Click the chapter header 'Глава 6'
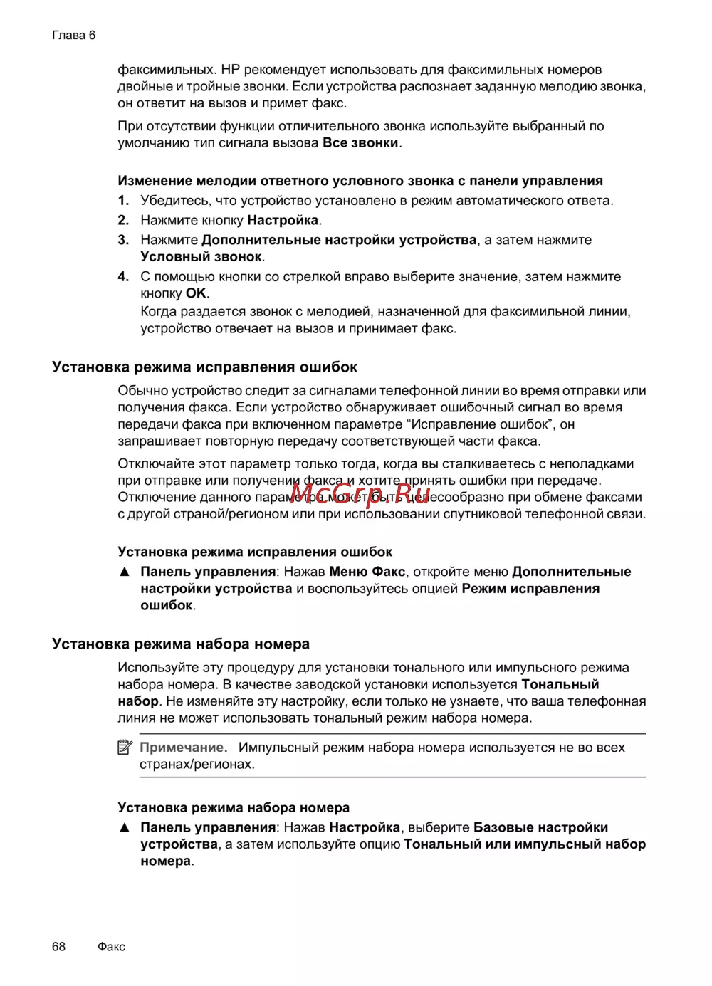point(73,36)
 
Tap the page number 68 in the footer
point(58,946)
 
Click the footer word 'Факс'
point(111,946)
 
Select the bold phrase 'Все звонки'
point(360,143)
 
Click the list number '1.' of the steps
point(123,201)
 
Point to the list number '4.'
point(123,277)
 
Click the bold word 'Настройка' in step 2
point(283,221)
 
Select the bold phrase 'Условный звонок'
point(201,257)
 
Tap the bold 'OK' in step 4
point(196,293)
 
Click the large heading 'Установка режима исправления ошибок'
point(204,367)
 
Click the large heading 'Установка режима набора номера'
point(181,644)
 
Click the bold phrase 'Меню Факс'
point(367,572)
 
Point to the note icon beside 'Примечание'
point(125,748)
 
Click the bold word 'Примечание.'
point(184,748)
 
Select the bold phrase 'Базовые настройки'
point(540,827)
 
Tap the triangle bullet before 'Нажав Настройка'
point(125,827)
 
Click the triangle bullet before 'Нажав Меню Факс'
point(125,572)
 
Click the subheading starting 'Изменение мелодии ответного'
point(360,181)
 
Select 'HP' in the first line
point(230,70)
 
